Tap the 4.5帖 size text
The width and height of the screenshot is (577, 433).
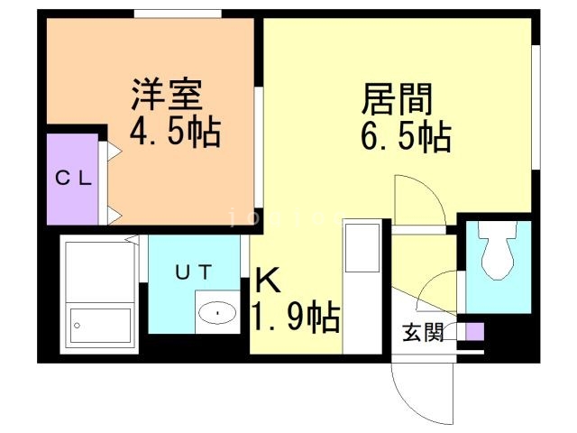click(175, 134)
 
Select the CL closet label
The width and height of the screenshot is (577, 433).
click(72, 178)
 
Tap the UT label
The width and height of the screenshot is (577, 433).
click(193, 270)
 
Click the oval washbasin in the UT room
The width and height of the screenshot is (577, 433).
click(217, 313)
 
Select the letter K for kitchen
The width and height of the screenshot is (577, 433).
click(268, 281)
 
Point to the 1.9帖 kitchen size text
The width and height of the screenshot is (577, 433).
click(295, 317)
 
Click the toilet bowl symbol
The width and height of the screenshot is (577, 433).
click(498, 257)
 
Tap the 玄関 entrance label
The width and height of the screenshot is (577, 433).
click(422, 333)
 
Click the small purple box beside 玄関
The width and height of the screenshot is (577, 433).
click(474, 331)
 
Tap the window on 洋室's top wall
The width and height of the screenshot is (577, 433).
click(178, 14)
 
